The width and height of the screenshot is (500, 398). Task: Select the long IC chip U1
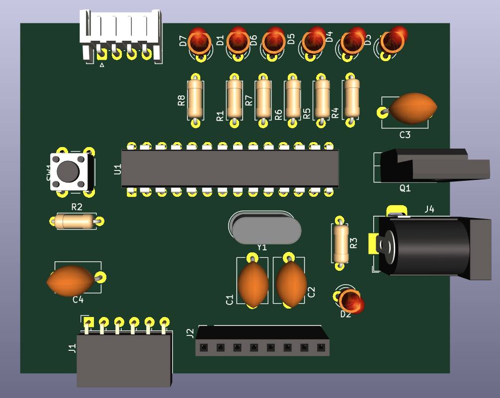pos(230,169)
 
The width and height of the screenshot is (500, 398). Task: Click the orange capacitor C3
pos(414,109)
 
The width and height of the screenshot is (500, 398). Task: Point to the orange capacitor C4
pos(71,281)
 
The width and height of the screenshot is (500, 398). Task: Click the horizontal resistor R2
pos(76,221)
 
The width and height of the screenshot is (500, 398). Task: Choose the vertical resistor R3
pos(340,243)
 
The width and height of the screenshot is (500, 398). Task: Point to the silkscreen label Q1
pos(405,188)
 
